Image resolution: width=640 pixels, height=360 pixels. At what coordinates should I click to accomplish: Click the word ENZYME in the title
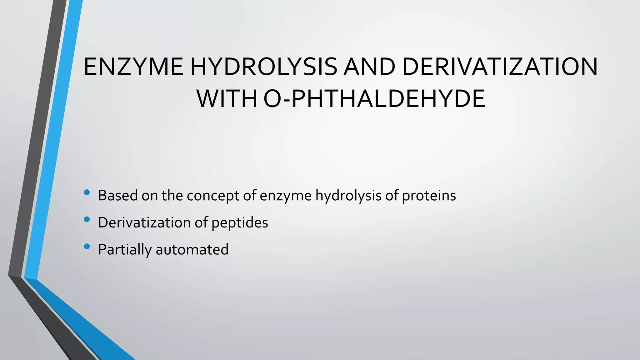pos(133,67)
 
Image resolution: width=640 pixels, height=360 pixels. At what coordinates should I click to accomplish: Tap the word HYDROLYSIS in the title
pos(263,67)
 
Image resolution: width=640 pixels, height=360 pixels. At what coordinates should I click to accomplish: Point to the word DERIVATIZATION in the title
pos(500,67)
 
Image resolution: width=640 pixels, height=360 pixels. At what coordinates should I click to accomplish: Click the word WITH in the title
pos(227,99)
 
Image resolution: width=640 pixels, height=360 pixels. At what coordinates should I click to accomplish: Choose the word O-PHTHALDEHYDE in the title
pos(374,99)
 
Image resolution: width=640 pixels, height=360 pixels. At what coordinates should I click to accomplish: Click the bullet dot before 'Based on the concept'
pos(87,192)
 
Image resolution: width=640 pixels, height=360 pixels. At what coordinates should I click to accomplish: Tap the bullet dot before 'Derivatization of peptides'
pos(87,220)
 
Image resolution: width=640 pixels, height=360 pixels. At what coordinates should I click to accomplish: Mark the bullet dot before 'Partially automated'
pos(87,247)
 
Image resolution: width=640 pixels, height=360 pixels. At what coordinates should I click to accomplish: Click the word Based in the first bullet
pos(117,196)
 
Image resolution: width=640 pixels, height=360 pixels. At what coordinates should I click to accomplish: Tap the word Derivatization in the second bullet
pos(144,222)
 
